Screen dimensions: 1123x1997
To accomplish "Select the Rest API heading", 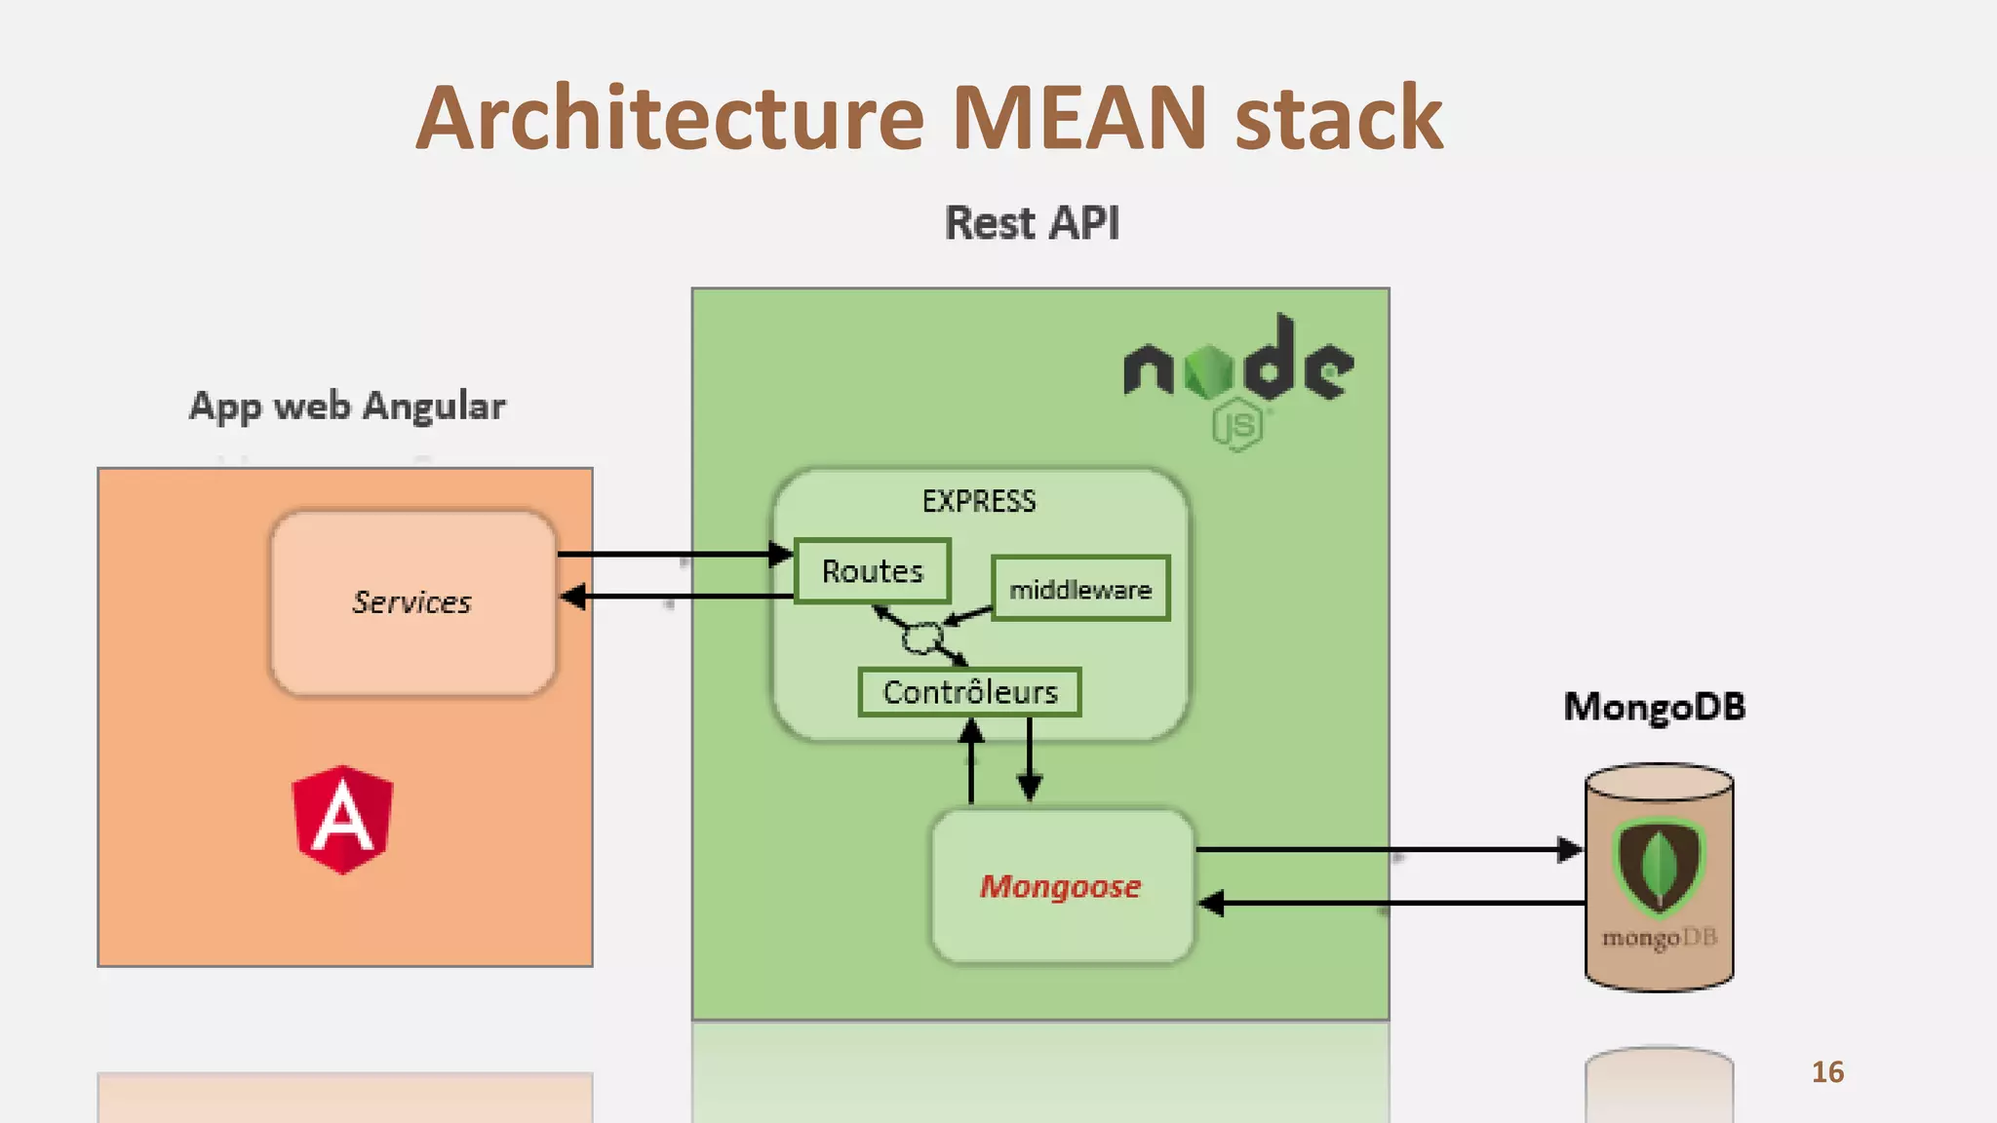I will click(1032, 223).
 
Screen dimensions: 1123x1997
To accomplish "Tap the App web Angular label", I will click(347, 406).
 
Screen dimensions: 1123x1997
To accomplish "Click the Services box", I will click(412, 602).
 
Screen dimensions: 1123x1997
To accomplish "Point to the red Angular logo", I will click(342, 819).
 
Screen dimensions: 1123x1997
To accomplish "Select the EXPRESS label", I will click(979, 501).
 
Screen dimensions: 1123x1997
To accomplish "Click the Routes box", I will click(872, 571).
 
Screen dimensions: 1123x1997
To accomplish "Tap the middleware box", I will click(1079, 589).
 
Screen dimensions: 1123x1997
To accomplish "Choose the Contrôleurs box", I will click(969, 692).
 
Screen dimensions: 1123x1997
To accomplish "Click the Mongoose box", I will click(1061, 886).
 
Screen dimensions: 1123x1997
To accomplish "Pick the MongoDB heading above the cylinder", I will click(1654, 707).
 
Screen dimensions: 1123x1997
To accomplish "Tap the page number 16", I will click(1827, 1072).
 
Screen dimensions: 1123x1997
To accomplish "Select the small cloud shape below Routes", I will click(921, 639).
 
